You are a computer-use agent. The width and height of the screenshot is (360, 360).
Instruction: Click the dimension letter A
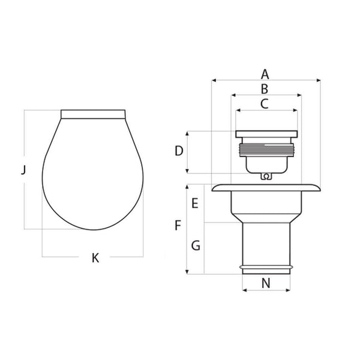click(x=265, y=74)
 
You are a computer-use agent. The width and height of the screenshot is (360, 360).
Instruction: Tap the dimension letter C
click(x=265, y=103)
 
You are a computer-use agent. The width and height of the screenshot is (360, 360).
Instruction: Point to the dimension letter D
click(x=179, y=151)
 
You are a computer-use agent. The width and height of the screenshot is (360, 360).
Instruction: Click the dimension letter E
click(x=194, y=203)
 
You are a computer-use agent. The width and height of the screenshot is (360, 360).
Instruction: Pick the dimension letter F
click(x=178, y=226)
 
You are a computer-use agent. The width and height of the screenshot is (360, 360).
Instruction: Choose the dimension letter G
click(x=195, y=245)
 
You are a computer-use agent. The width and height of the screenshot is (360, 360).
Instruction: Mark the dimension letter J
click(x=23, y=170)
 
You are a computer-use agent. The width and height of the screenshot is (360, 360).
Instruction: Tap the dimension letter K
click(x=95, y=259)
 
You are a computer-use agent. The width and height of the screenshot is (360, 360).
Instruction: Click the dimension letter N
click(x=266, y=283)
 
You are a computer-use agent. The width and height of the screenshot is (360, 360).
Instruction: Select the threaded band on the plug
click(x=266, y=149)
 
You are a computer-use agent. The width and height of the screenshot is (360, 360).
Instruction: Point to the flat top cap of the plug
click(x=266, y=134)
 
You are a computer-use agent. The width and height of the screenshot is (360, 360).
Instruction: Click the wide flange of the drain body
click(x=266, y=188)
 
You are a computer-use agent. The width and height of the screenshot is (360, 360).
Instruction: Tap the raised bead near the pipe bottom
click(x=266, y=265)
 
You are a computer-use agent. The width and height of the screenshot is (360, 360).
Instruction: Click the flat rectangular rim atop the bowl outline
click(x=93, y=114)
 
